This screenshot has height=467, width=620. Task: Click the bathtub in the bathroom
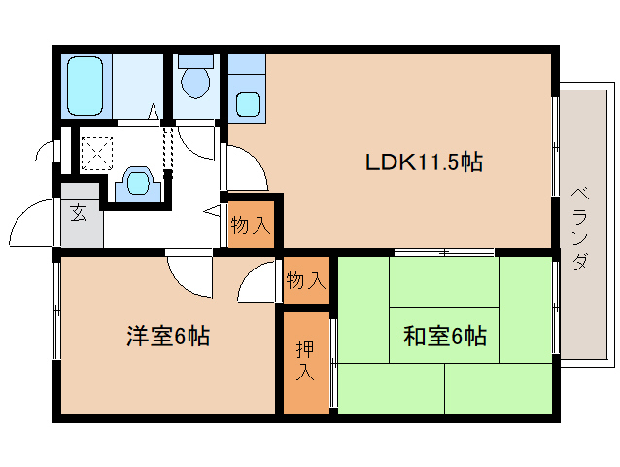86,86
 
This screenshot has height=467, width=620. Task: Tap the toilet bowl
195,82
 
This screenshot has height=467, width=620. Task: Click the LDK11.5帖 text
424,162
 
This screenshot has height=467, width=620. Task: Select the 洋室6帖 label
167,337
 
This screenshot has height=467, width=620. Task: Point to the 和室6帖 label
444,337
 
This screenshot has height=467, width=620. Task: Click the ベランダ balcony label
580,227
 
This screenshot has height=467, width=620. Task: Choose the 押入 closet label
305,361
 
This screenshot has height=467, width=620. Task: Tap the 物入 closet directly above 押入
305,282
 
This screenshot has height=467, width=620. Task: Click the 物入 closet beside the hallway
250,226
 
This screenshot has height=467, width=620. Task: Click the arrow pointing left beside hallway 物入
212,210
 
